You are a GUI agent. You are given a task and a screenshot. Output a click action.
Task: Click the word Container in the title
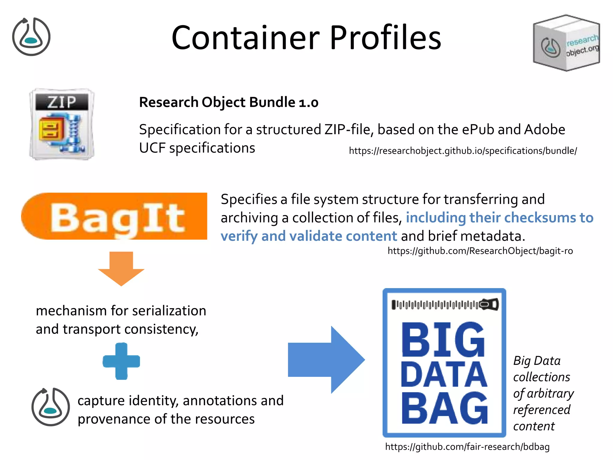click(245, 38)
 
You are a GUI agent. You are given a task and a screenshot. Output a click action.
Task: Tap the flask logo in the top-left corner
click(31, 37)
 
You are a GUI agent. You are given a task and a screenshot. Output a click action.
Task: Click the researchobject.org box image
click(566, 43)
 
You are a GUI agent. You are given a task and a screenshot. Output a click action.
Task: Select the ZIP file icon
click(62, 124)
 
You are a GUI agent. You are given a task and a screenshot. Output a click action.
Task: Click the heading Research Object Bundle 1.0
click(228, 102)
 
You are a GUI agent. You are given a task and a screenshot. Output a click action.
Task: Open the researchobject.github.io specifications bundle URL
click(463, 151)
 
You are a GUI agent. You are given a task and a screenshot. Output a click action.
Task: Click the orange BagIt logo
click(114, 216)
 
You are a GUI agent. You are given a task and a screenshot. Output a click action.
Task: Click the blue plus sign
click(121, 361)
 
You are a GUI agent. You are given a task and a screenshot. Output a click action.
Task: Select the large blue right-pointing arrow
click(326, 360)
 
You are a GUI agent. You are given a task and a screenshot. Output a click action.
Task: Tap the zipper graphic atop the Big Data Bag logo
click(445, 305)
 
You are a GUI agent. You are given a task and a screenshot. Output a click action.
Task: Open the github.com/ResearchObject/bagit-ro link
click(480, 251)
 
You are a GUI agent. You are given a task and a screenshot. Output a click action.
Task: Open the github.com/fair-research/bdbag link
click(467, 447)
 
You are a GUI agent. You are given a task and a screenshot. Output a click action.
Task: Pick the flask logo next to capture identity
click(51, 407)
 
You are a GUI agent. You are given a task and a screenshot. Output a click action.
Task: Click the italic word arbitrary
click(550, 394)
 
